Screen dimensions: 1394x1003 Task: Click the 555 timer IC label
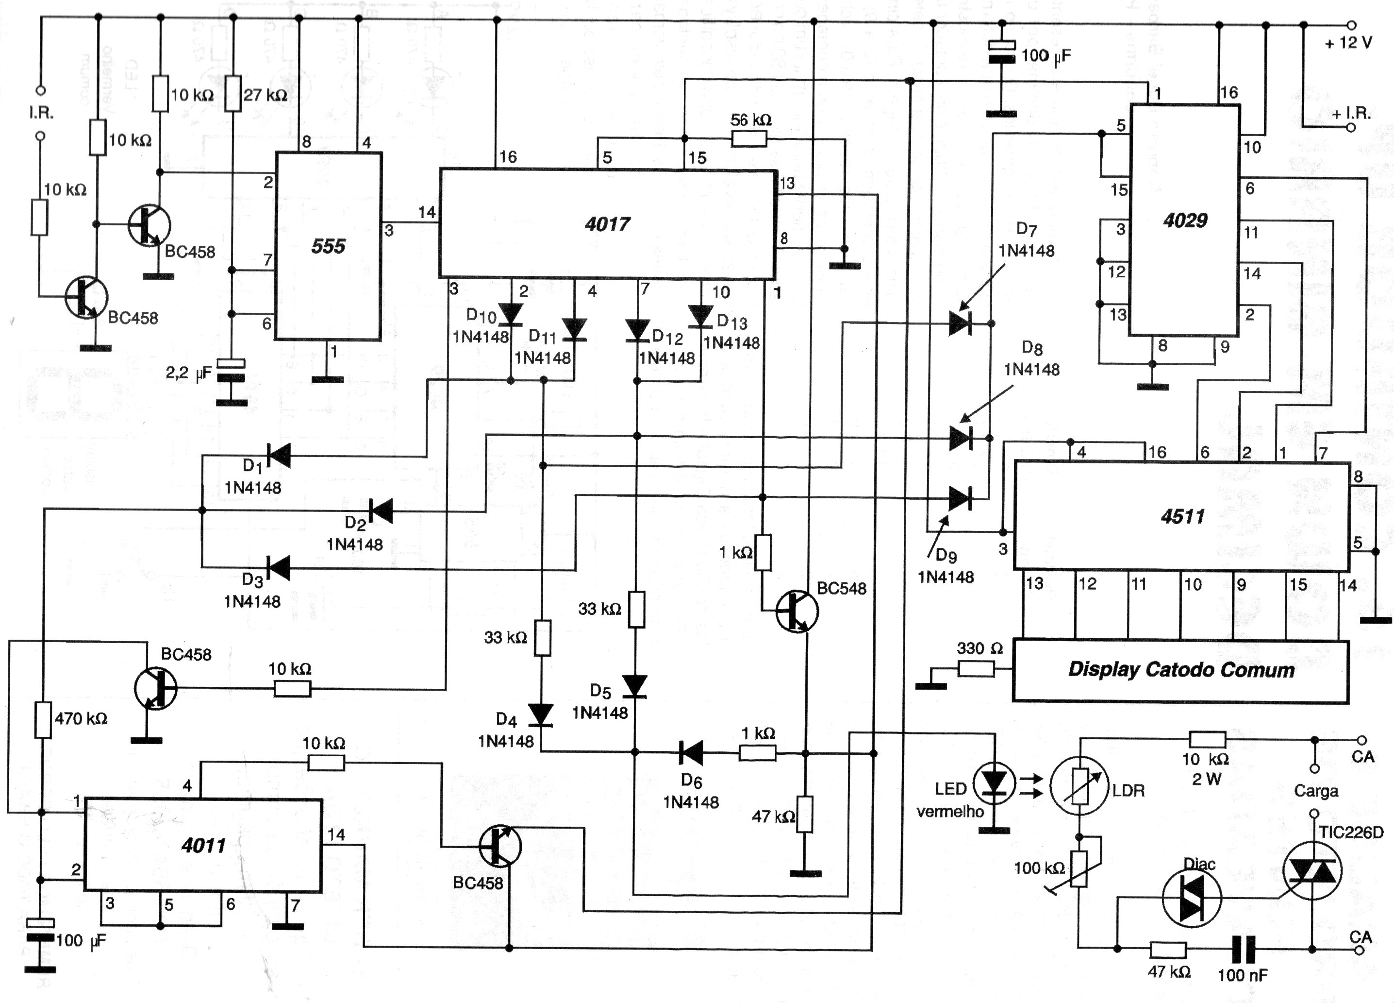[328, 246]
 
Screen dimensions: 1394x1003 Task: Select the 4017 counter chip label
[607, 224]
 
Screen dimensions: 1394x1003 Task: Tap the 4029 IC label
[1185, 220]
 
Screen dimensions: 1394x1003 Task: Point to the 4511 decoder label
[1182, 516]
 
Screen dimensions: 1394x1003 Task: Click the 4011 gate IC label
[203, 846]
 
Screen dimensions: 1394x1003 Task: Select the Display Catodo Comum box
[1180, 670]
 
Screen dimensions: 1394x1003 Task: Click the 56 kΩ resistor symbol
[748, 139]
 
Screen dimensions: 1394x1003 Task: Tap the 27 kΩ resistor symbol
[232, 93]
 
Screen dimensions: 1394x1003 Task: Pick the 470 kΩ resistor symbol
[42, 719]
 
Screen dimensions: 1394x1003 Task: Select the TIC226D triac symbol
[1312, 871]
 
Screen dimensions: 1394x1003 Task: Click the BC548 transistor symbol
[797, 611]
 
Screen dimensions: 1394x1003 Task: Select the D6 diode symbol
[690, 753]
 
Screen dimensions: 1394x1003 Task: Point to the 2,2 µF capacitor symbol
[231, 371]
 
